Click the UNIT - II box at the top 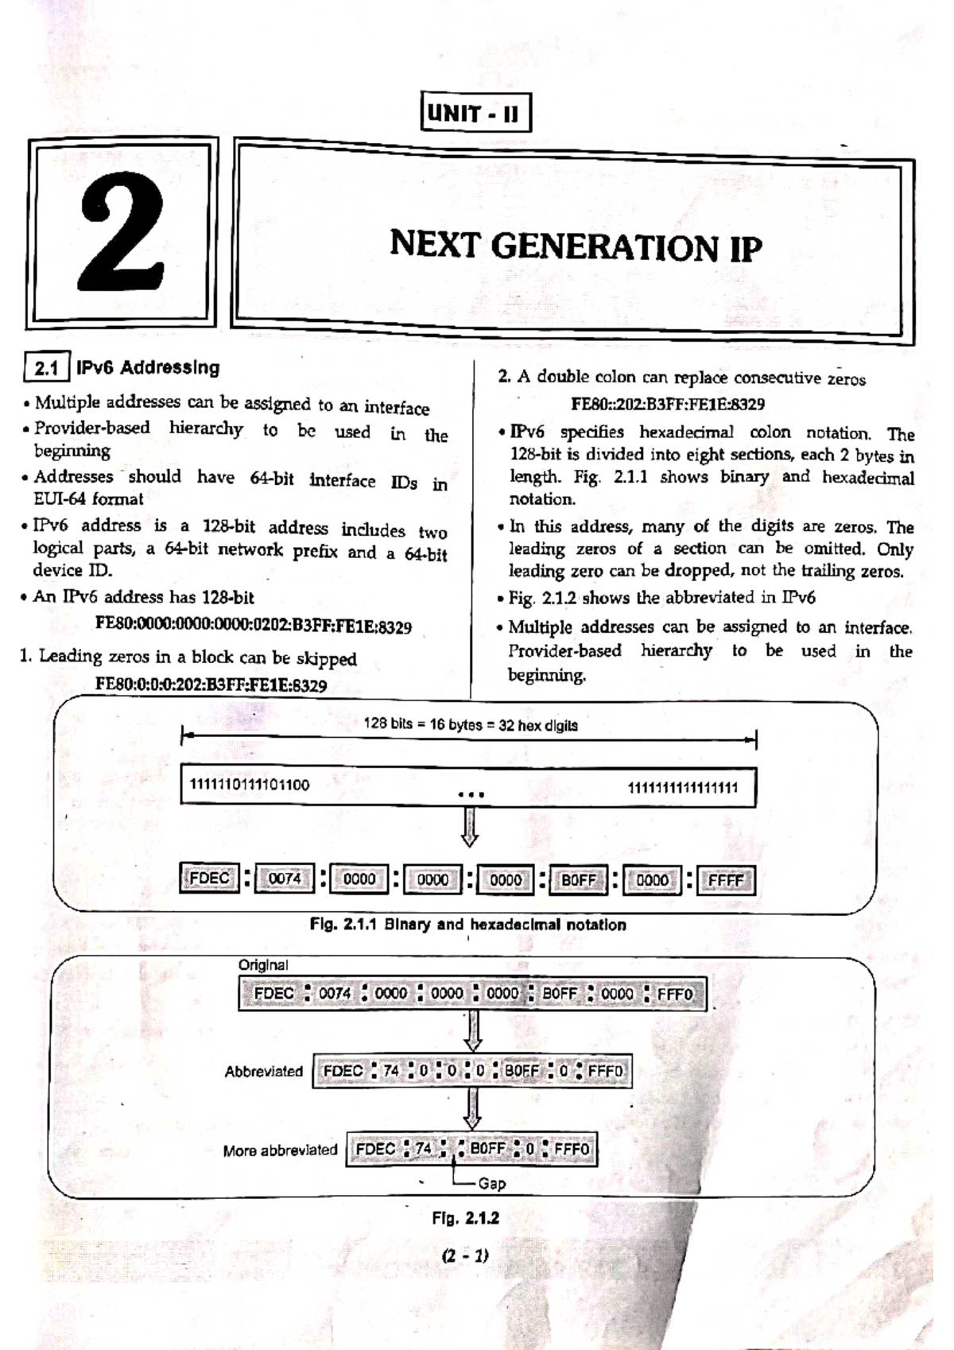pyautogui.click(x=475, y=113)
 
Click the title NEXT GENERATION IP pyautogui.click(x=575, y=246)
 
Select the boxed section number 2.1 pyautogui.click(x=47, y=368)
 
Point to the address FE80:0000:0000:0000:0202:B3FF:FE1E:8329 pyautogui.click(x=253, y=626)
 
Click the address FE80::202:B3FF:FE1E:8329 pyautogui.click(x=668, y=404)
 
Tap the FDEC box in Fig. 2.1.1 pyautogui.click(x=209, y=879)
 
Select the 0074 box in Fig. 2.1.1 pyautogui.click(x=284, y=879)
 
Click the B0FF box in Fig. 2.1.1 pyautogui.click(x=578, y=880)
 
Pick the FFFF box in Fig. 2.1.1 pyautogui.click(x=725, y=881)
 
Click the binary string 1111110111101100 pyautogui.click(x=250, y=785)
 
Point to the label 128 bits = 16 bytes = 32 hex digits pyautogui.click(x=471, y=725)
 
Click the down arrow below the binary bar pyautogui.click(x=470, y=828)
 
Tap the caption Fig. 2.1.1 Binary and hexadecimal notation pyautogui.click(x=467, y=925)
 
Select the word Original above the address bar pyautogui.click(x=263, y=964)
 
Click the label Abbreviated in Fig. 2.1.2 pyautogui.click(x=263, y=1072)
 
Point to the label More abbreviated pyautogui.click(x=280, y=1150)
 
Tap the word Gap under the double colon pyautogui.click(x=492, y=1184)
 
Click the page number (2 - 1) pyautogui.click(x=466, y=1256)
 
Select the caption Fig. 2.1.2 pyautogui.click(x=466, y=1218)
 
